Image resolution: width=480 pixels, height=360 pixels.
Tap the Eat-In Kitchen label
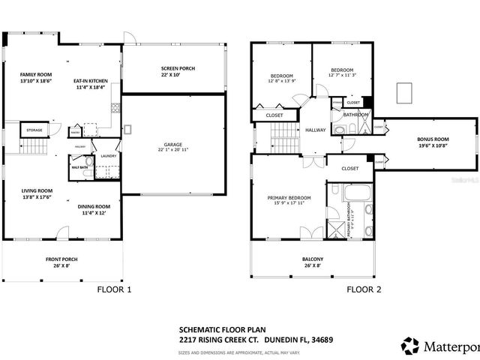click(91, 80)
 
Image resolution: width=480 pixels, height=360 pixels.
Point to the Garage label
click(174, 144)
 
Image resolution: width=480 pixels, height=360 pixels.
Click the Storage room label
click(34, 130)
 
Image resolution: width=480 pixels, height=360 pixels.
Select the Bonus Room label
click(433, 139)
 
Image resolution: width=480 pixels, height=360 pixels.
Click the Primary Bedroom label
click(288, 198)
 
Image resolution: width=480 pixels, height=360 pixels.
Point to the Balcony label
click(313, 259)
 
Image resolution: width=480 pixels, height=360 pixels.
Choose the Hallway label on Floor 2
click(315, 130)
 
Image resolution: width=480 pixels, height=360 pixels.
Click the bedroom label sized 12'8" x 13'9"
click(282, 76)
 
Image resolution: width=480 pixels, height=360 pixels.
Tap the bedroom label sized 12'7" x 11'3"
click(341, 70)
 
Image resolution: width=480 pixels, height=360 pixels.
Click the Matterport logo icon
click(410, 346)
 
